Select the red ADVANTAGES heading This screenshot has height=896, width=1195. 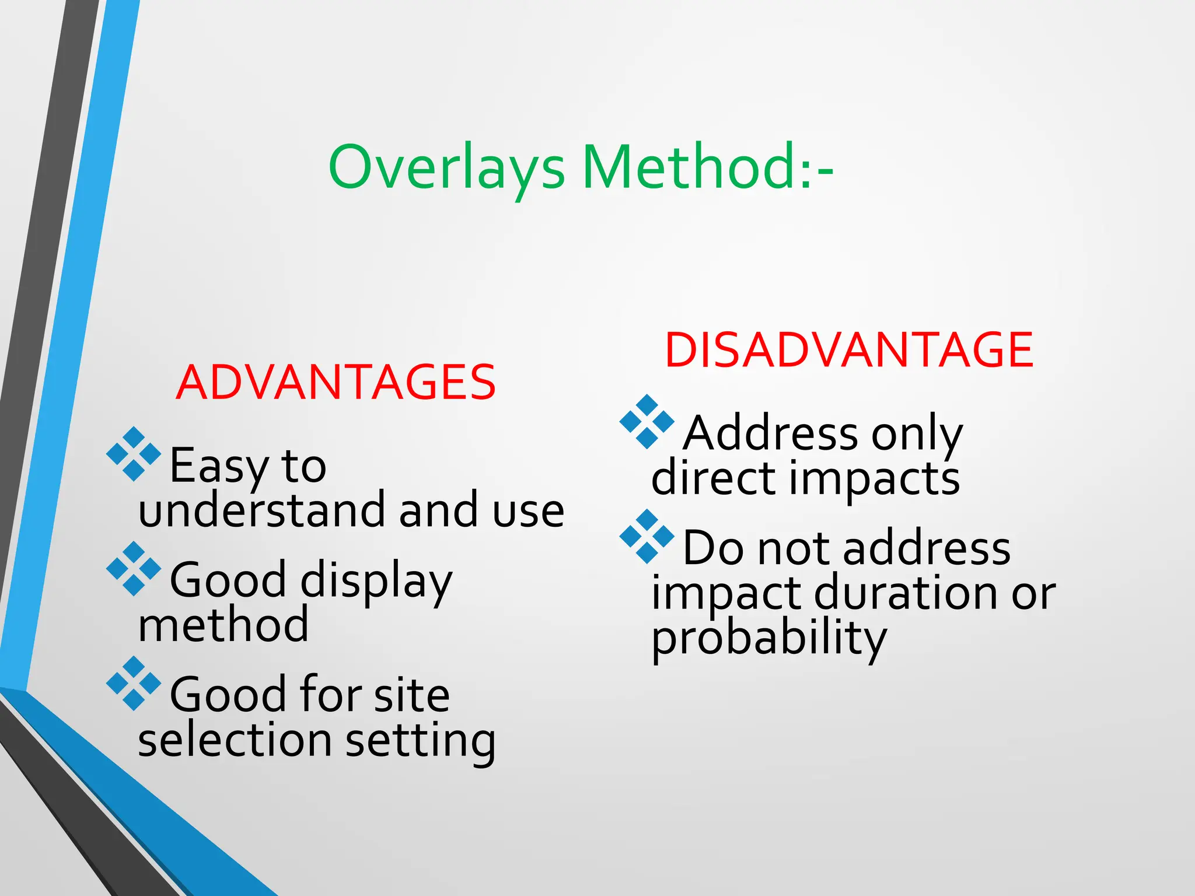click(x=336, y=383)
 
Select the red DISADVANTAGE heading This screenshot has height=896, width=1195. click(x=849, y=350)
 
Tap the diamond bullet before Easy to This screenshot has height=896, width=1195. click(x=134, y=454)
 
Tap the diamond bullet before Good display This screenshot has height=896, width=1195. click(x=134, y=569)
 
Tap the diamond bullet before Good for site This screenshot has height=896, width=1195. click(x=134, y=683)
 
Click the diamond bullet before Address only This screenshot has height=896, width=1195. click(x=647, y=422)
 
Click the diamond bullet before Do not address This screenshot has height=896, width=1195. click(x=647, y=537)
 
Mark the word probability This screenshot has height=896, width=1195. click(x=769, y=639)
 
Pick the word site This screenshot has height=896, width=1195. click(x=412, y=695)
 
